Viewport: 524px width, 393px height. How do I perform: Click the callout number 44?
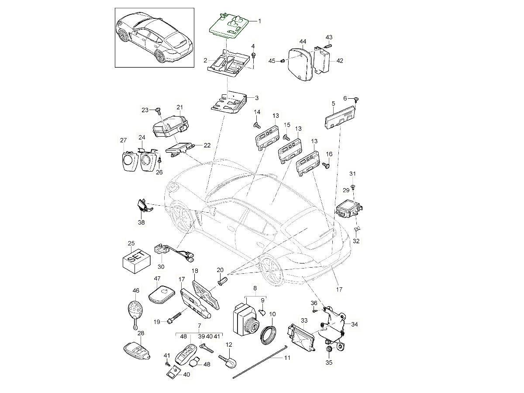303,41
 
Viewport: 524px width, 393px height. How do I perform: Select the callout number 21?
179,107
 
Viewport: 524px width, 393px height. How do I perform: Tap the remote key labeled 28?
135,350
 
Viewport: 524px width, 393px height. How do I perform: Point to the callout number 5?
333,103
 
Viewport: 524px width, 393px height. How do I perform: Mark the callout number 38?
141,222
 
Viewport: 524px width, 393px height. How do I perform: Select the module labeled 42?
323,61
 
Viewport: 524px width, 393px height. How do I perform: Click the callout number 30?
161,267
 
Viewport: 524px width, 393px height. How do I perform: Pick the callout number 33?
304,320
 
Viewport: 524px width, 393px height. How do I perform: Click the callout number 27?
123,140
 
